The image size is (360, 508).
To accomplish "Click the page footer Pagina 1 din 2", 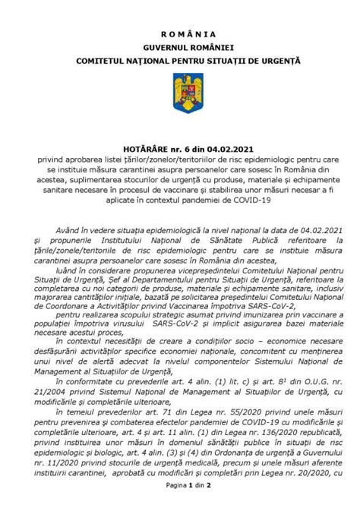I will pyautogui.click(x=179, y=503).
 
